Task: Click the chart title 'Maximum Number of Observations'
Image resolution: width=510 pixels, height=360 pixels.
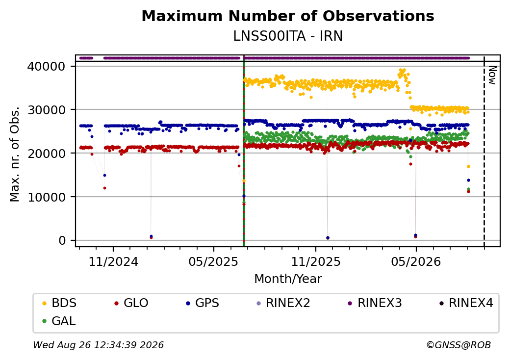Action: click(x=288, y=16)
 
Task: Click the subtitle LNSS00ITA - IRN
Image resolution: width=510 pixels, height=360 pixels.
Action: click(x=288, y=36)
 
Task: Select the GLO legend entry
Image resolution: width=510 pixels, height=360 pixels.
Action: click(x=131, y=303)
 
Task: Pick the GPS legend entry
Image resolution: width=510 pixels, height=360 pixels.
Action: click(x=203, y=303)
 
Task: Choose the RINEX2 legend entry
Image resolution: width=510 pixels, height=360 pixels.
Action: click(x=283, y=303)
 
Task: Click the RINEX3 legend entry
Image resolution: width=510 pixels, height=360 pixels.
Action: click(x=375, y=303)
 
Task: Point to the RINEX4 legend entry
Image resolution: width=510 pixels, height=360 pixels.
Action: click(x=466, y=303)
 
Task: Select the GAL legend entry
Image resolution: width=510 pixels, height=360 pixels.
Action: click(x=59, y=321)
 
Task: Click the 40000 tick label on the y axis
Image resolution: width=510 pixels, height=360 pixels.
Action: click(x=47, y=66)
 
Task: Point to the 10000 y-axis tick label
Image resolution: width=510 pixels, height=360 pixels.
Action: click(x=47, y=197)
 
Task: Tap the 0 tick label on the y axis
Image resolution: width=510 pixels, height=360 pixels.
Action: click(x=62, y=241)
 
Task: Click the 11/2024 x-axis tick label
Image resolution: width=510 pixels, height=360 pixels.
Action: click(x=113, y=261)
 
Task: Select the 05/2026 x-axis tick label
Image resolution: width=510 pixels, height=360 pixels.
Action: click(x=416, y=261)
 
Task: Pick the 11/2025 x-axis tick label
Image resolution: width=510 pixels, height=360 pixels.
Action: click(x=315, y=261)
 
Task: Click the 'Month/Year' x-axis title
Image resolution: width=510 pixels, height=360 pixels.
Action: click(x=288, y=279)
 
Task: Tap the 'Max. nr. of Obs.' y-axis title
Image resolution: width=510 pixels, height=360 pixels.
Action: click(x=15, y=154)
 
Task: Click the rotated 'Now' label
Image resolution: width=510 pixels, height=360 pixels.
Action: click(x=492, y=75)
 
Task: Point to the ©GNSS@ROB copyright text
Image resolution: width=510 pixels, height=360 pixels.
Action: click(x=459, y=345)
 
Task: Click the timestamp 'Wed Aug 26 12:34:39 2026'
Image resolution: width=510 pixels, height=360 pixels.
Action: click(x=99, y=345)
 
